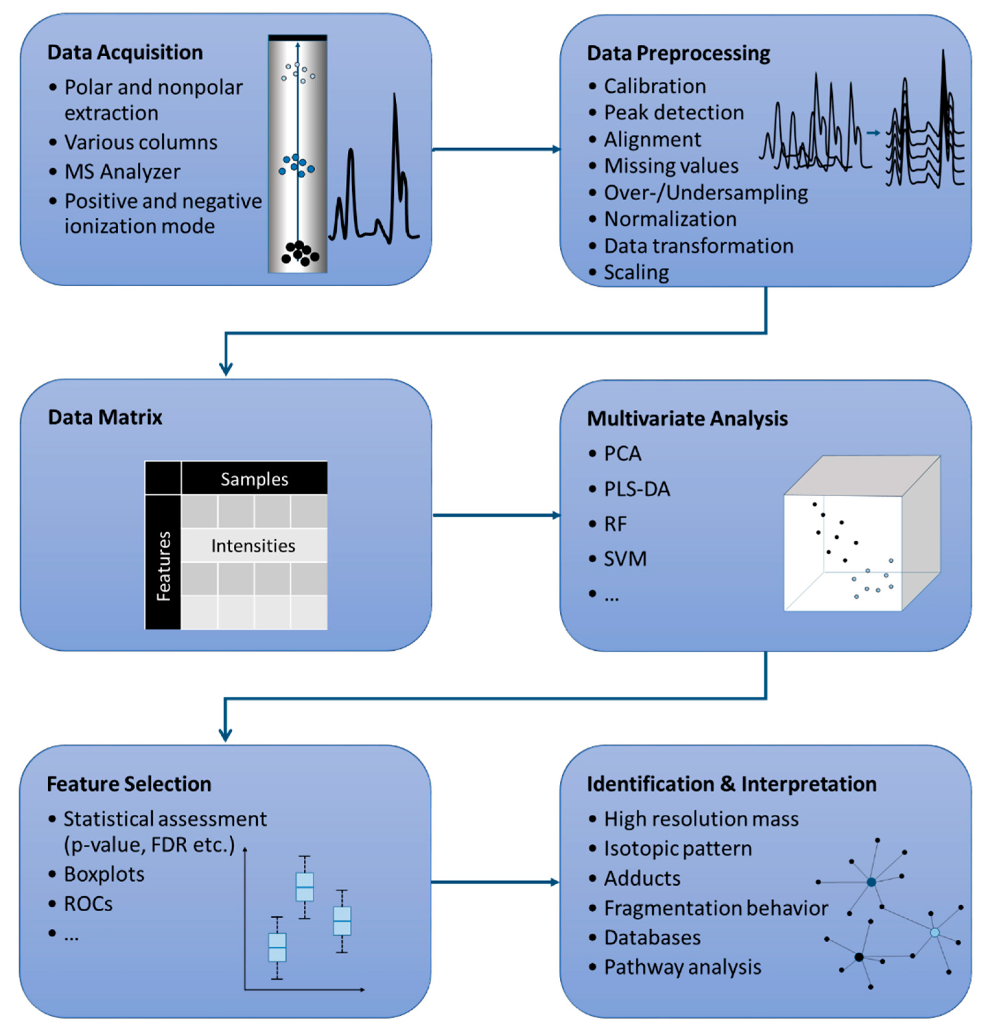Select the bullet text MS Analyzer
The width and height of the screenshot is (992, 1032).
(x=122, y=172)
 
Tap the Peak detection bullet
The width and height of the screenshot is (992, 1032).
(x=673, y=113)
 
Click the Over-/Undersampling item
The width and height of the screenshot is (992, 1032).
(x=706, y=193)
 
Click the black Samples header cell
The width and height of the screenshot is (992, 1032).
(x=254, y=479)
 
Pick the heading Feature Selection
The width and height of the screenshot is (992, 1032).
(x=129, y=784)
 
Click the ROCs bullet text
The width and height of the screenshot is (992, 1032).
(x=88, y=903)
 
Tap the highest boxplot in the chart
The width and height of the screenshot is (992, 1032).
(x=305, y=887)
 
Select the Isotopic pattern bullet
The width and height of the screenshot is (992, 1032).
(x=678, y=849)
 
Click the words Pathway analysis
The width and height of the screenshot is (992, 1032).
(x=682, y=967)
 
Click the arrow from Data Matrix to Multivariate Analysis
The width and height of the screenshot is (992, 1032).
(x=495, y=515)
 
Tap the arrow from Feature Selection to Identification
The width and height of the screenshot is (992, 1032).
(x=495, y=882)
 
